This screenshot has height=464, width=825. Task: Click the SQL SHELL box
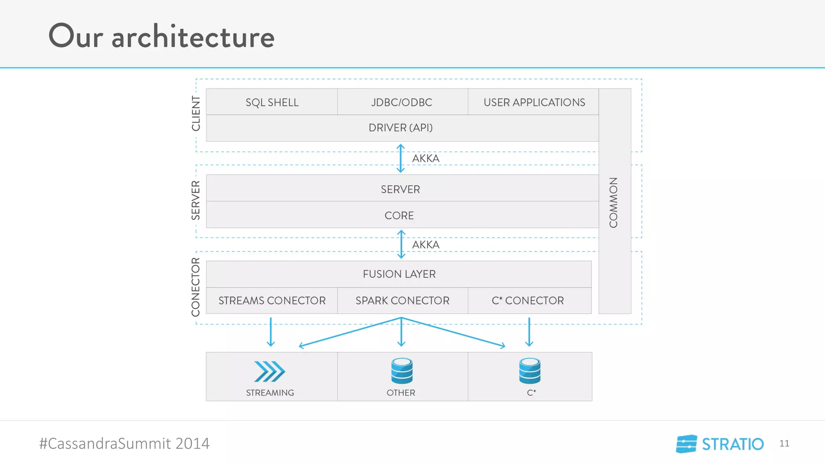pos(272,102)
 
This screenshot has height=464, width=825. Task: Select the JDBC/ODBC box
pos(402,102)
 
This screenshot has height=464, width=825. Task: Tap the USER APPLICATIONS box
pos(534,102)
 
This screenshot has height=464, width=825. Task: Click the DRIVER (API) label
pos(401,128)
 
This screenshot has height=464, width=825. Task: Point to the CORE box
pos(399,215)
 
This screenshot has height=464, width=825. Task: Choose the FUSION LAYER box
pos(399,274)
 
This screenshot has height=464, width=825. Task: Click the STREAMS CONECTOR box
pos(272,300)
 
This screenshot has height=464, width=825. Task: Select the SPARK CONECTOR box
pos(402,300)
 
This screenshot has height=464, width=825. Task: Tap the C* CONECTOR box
pos(528,300)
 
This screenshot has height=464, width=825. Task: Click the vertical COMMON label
pos(614,203)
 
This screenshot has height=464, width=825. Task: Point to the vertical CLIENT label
pos(196,114)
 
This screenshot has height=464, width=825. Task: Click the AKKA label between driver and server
pos(425,158)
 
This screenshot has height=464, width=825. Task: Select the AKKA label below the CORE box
pos(425,244)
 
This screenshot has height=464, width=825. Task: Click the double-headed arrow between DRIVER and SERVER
pos(400,158)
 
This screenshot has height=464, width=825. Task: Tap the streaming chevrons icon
pos(269,371)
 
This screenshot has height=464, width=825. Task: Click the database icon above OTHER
pos(402,371)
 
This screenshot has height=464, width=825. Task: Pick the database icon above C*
pos(530,371)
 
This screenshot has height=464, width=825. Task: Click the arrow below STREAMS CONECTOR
pos(271,332)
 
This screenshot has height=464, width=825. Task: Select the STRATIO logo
pos(720,444)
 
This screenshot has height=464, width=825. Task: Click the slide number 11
pos(784,443)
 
